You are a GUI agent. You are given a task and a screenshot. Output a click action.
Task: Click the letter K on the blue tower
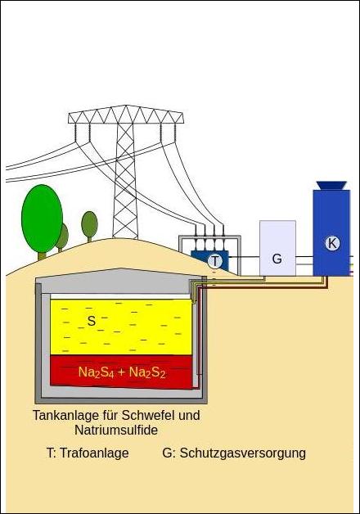click(x=332, y=244)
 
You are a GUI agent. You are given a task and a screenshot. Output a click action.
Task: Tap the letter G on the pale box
click(x=277, y=259)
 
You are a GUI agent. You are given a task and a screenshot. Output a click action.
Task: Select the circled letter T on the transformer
click(x=215, y=261)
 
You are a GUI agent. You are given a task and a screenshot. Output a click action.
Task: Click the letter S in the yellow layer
click(x=92, y=321)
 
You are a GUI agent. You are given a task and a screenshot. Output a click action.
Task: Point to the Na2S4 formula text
click(x=96, y=372)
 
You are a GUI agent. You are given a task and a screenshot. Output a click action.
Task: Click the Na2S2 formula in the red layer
click(x=147, y=372)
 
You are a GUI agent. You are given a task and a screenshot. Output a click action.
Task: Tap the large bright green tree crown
click(x=42, y=219)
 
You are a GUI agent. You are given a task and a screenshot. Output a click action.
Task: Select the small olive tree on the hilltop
click(x=89, y=226)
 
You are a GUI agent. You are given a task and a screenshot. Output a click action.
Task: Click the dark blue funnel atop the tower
click(x=331, y=186)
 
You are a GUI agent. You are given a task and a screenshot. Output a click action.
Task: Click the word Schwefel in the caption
click(x=146, y=415)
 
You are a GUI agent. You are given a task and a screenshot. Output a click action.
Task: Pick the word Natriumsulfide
click(x=116, y=430)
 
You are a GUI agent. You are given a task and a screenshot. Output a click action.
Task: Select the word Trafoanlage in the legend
click(x=94, y=453)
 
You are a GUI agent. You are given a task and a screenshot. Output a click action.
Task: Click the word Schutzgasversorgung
click(x=243, y=453)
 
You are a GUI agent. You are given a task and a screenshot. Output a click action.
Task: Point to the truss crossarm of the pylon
click(x=126, y=115)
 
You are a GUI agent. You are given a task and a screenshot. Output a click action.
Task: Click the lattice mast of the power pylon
click(x=125, y=180)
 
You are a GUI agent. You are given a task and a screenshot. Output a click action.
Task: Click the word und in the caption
click(x=187, y=415)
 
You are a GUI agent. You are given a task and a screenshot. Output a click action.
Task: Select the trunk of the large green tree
click(x=42, y=256)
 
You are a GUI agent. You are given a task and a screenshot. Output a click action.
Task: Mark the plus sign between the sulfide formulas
click(x=122, y=372)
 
